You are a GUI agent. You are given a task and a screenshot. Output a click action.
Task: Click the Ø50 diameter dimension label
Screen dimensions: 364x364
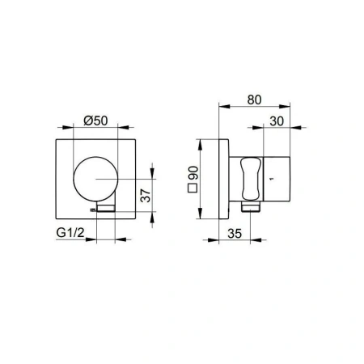click(95, 121)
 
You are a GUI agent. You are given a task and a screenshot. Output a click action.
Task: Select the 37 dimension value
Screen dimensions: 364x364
click(146, 196)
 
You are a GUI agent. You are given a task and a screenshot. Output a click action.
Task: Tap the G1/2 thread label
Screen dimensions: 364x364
click(70, 232)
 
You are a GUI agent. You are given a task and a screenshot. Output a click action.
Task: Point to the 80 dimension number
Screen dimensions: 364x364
click(254, 99)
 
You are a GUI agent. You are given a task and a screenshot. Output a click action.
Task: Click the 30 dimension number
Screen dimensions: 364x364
click(277, 121)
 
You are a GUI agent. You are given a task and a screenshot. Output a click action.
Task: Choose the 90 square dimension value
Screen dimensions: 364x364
click(193, 173)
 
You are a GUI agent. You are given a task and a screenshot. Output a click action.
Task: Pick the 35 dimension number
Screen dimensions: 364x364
click(235, 234)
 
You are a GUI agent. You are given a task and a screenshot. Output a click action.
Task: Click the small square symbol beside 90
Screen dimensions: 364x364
click(193, 188)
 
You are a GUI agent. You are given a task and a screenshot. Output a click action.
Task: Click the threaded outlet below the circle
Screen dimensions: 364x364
click(106, 208)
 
